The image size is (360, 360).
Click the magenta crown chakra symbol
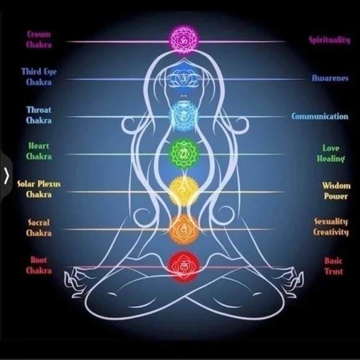[184, 40]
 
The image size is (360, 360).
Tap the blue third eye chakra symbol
[184, 79]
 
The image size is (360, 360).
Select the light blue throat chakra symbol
[183, 117]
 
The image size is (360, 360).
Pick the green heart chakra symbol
[184, 153]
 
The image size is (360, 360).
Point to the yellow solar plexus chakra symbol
[184, 191]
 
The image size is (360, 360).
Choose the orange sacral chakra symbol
[184, 229]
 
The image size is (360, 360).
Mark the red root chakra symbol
[184, 267]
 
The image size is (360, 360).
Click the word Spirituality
[330, 40]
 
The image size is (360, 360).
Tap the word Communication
[320, 116]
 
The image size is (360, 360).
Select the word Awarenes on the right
[330, 78]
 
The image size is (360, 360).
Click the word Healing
[331, 159]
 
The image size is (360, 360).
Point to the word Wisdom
[336, 186]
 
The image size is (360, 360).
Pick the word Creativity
[331, 232]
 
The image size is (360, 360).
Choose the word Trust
[333, 271]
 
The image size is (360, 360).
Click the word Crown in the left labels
[39, 34]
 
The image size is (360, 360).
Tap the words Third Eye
[39, 71]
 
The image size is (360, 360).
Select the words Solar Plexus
[39, 184]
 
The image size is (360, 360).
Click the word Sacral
[39, 222]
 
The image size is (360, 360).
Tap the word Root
[39, 260]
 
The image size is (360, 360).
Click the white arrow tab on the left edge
[6, 176]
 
